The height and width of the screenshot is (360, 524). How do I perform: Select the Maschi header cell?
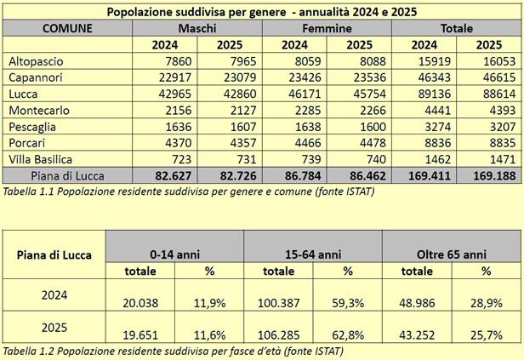(x=197, y=28)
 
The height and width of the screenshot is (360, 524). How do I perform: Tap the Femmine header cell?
(x=327, y=28)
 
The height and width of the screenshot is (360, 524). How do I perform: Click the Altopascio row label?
(x=36, y=61)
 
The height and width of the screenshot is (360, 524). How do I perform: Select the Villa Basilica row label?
(x=41, y=159)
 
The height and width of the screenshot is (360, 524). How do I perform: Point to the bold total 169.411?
(x=423, y=175)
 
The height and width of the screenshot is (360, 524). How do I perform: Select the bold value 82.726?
(x=231, y=175)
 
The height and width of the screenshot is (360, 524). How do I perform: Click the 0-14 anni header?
(x=174, y=254)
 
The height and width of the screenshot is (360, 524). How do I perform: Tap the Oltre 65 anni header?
(x=452, y=254)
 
